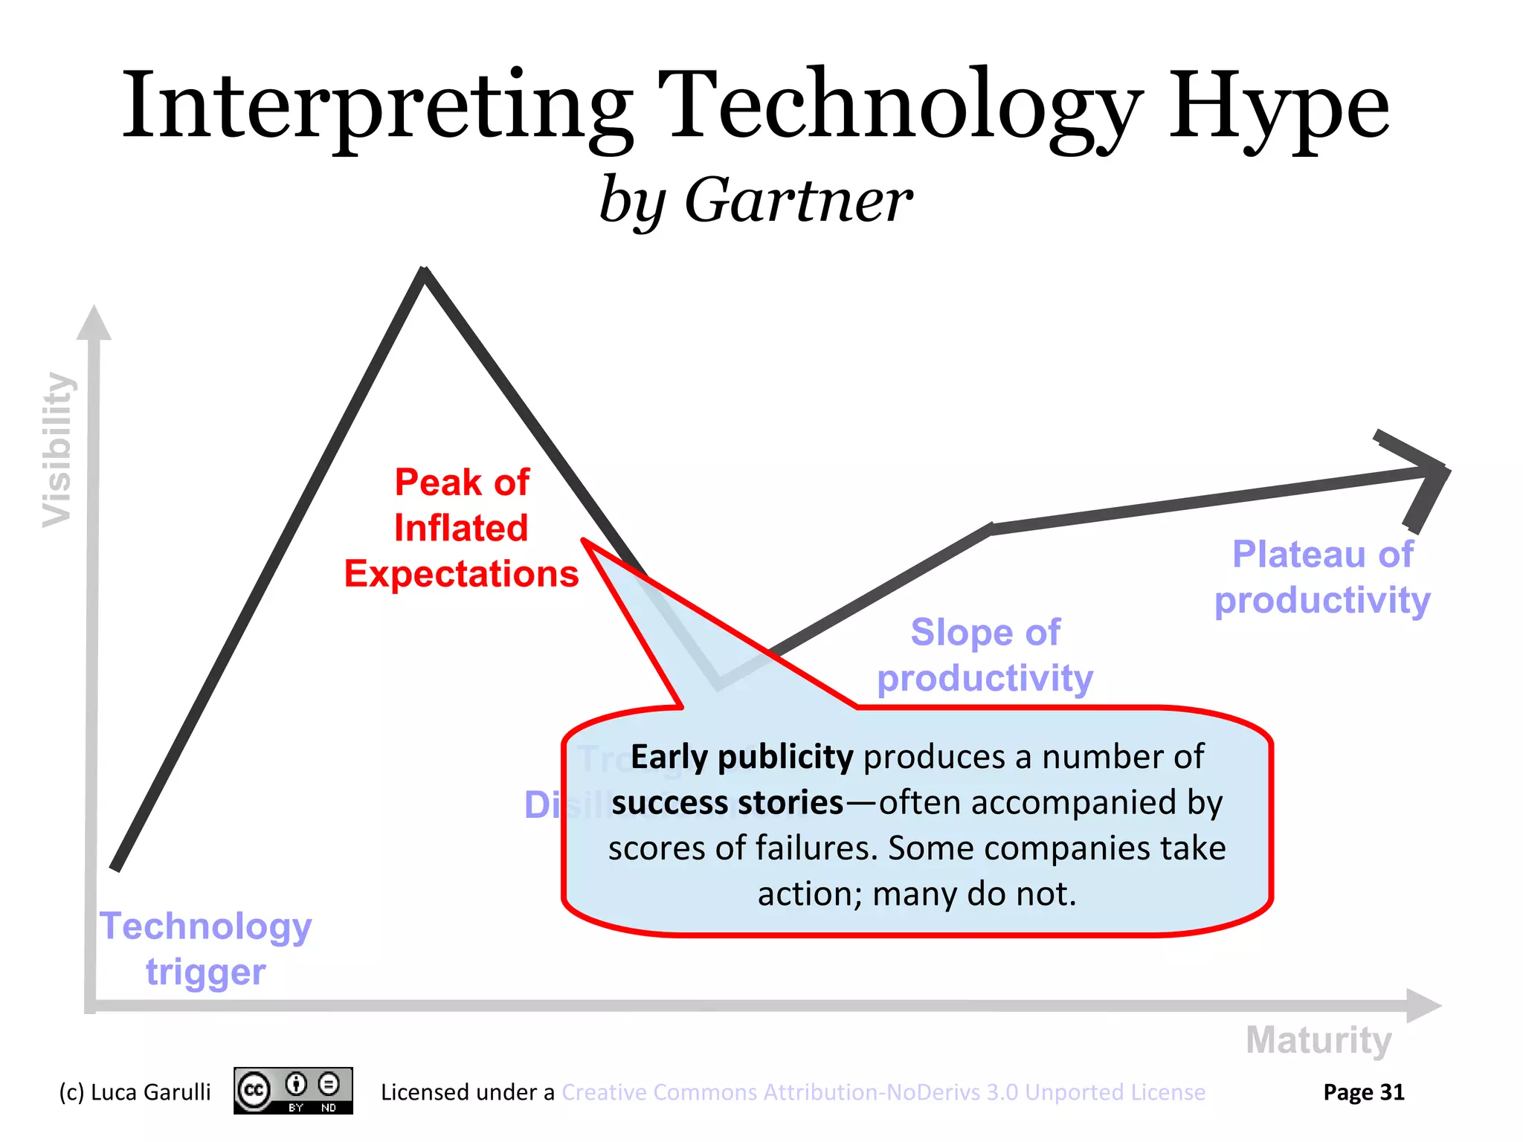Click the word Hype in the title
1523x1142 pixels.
(1278, 108)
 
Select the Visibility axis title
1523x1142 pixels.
(57, 450)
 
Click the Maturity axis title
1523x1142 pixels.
(1318, 1039)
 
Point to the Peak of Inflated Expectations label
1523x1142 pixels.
(461, 528)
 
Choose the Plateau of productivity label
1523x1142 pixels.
(1322, 577)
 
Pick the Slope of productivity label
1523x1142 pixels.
(985, 655)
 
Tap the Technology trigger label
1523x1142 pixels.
(206, 949)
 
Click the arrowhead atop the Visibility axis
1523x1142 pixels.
(94, 323)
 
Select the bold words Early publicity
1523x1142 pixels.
(741, 757)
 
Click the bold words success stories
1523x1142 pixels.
(727, 803)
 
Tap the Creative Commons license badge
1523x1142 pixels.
(293, 1091)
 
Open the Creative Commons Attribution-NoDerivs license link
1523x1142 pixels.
(883, 1092)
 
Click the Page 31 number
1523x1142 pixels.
(1363, 1092)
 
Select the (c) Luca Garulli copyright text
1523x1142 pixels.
(135, 1092)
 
